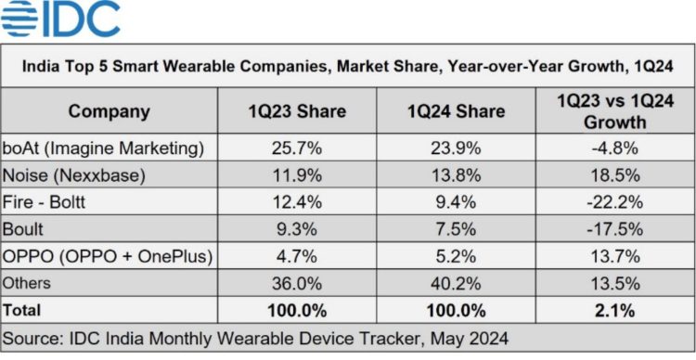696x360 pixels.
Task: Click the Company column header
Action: click(x=110, y=111)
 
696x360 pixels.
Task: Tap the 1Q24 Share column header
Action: click(x=456, y=111)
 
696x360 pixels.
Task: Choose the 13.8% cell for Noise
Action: click(x=456, y=174)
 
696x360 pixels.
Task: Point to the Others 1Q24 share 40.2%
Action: click(x=456, y=283)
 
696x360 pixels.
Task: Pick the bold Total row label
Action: click(x=28, y=309)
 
